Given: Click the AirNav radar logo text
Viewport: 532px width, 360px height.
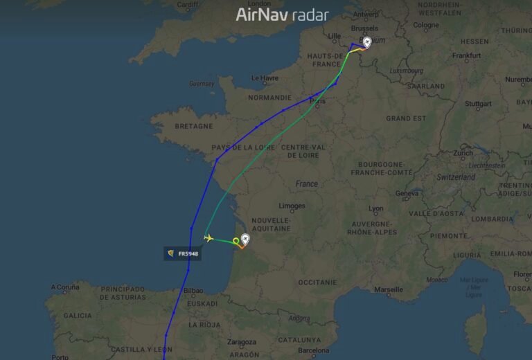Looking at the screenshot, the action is coord(282,15).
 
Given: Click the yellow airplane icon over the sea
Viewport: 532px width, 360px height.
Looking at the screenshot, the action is coord(208,238).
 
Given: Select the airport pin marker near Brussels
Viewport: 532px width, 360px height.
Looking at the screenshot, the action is coord(366,43).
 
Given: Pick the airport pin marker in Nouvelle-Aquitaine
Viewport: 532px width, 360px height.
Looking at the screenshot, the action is coord(245,240).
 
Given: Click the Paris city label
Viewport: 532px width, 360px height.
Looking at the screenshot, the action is coord(318,101).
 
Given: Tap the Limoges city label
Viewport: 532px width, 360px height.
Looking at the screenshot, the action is coord(292,206).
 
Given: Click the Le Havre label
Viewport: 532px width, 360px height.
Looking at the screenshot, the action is coord(264,78).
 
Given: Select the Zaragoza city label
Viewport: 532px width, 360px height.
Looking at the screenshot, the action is coord(242,342).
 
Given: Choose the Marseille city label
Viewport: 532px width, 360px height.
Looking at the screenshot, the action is coord(389,289).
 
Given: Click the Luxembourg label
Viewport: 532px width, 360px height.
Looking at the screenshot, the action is coord(407,71).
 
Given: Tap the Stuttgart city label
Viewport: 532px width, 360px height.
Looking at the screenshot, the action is coord(478,104).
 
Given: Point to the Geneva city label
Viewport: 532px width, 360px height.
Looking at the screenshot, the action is coord(407,193).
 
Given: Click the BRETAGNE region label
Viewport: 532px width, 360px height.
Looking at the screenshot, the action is coord(193,126).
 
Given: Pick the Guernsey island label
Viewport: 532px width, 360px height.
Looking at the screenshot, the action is coord(201,84).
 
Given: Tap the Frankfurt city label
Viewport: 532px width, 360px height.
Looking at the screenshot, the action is coord(466,55).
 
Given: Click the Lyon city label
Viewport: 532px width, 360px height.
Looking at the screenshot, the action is coord(375,208).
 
